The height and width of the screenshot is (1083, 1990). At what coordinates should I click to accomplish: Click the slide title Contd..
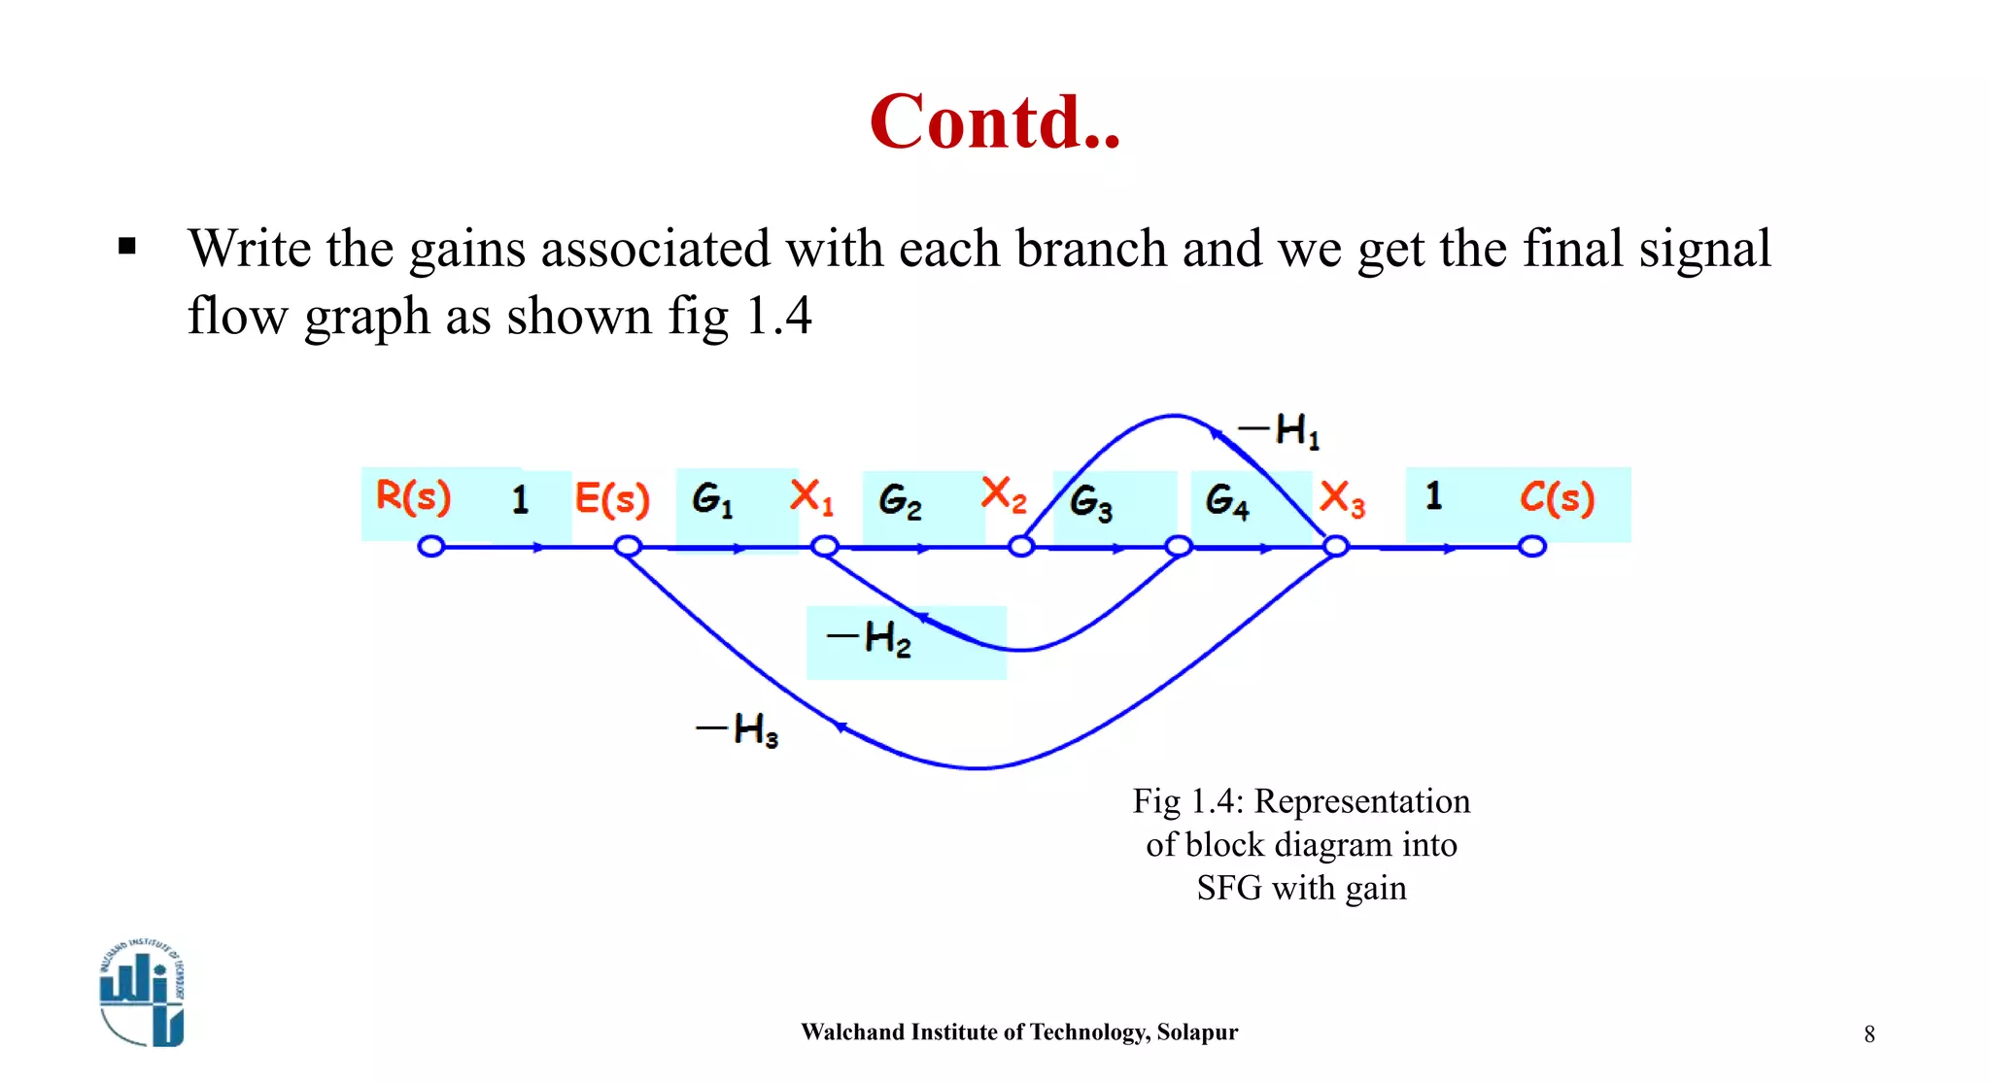[x=995, y=122]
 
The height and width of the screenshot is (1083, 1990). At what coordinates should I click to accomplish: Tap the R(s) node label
[x=413, y=496]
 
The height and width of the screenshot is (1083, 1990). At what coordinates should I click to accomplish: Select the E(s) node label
[x=611, y=498]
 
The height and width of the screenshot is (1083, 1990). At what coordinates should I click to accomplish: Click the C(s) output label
[x=1557, y=497]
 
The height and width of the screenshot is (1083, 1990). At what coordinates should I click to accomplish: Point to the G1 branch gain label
[x=712, y=499]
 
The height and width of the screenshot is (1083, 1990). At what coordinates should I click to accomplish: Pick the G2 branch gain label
[x=900, y=501]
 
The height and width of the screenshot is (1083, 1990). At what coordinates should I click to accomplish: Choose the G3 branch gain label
[x=1090, y=502]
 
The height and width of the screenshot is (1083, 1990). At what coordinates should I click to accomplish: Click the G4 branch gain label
[x=1226, y=500]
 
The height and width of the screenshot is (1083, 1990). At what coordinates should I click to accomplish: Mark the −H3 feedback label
[x=738, y=728]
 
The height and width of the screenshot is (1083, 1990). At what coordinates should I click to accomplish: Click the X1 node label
[x=811, y=496]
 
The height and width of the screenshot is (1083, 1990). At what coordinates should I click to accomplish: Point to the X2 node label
[x=1004, y=494]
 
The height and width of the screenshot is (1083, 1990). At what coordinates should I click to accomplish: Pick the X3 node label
[x=1342, y=499]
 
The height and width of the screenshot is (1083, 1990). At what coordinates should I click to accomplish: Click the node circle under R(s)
[x=430, y=547]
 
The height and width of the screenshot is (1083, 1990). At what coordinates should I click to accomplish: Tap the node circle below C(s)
[x=1532, y=547]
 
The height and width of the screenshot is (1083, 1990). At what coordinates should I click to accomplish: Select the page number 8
[x=1870, y=1034]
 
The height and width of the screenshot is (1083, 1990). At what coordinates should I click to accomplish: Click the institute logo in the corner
[x=142, y=993]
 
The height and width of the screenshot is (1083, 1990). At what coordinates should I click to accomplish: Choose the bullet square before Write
[x=126, y=247]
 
